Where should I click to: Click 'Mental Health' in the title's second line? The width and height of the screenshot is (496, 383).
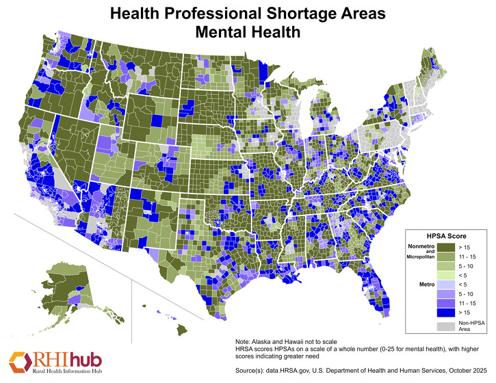click(x=248, y=31)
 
